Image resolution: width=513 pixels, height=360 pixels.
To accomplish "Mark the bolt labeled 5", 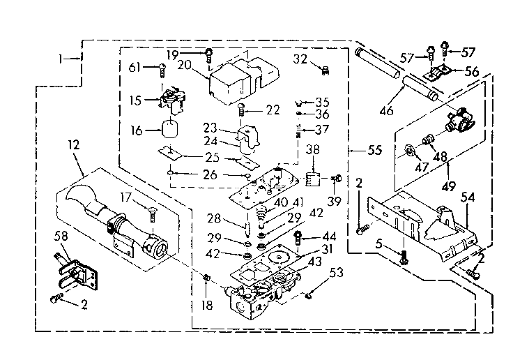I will coord(403,256).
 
